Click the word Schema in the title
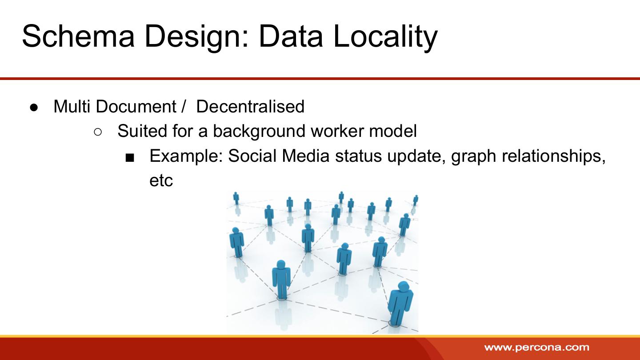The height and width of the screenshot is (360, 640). click(x=78, y=36)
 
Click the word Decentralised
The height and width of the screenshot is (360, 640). click(x=250, y=107)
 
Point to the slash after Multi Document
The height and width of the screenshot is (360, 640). click(x=184, y=107)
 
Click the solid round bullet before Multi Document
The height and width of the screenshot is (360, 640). click(x=34, y=108)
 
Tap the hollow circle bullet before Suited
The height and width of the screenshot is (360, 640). click(x=98, y=132)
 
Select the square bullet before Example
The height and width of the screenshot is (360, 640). click(x=130, y=158)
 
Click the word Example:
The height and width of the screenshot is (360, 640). click(x=186, y=156)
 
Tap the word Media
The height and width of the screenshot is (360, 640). click(x=306, y=156)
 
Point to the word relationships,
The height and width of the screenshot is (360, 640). click(x=553, y=156)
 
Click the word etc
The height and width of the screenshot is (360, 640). click(x=161, y=181)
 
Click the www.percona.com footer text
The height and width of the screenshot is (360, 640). click(x=536, y=348)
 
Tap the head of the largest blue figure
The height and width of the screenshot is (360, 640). click(x=404, y=286)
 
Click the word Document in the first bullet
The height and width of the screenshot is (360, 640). click(x=136, y=107)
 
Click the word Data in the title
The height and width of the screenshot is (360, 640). click(x=291, y=36)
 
